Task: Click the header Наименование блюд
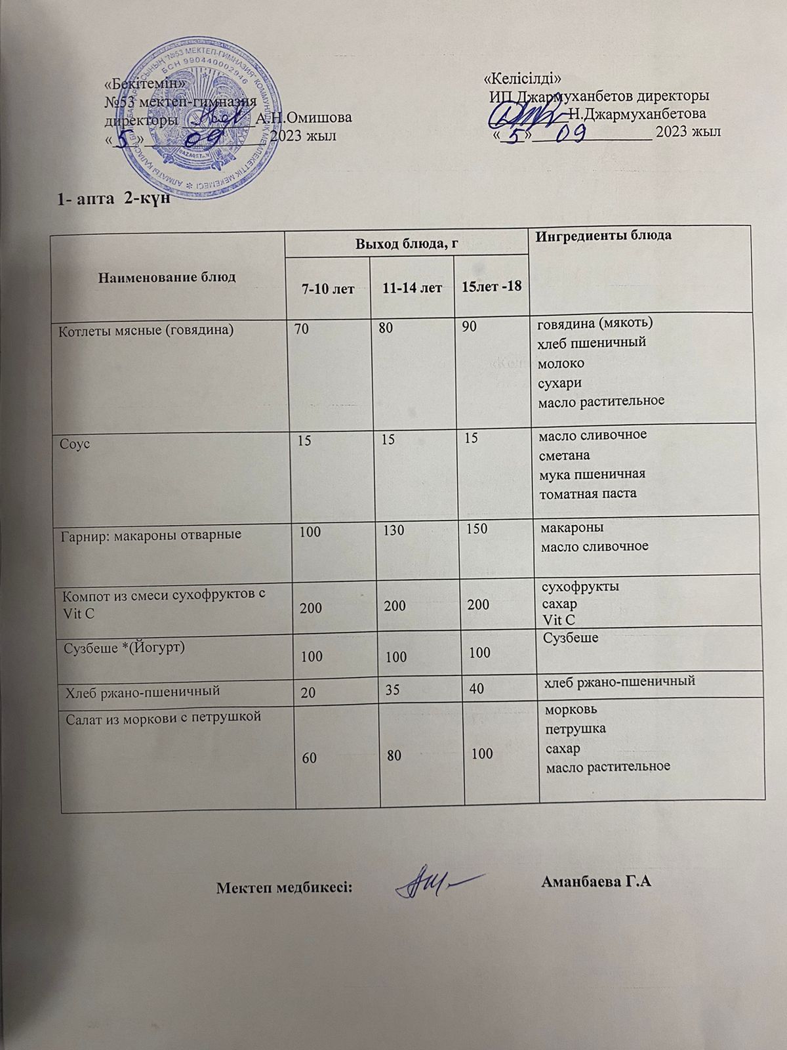[x=166, y=276]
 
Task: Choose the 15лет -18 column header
[x=492, y=287]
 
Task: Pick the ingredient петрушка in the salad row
[x=575, y=728]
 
